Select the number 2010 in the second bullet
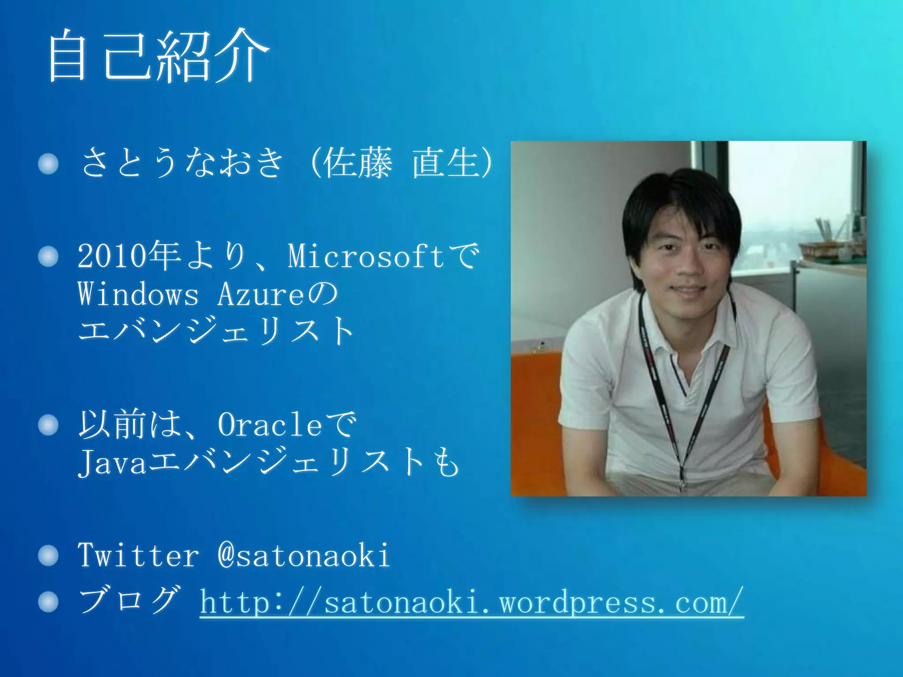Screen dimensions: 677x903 pyautogui.click(x=112, y=257)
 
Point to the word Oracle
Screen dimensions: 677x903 pyautogui.click(x=270, y=425)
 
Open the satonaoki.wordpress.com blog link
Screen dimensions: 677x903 pyautogui.click(x=472, y=603)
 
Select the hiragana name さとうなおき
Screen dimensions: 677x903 pyautogui.click(x=182, y=163)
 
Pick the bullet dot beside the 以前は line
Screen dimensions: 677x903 pyautogui.click(x=48, y=425)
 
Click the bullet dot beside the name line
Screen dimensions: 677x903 pyautogui.click(x=48, y=164)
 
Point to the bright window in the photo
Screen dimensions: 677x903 pyautogui.click(x=789, y=185)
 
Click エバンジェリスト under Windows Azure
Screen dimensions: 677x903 pyautogui.click(x=216, y=331)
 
